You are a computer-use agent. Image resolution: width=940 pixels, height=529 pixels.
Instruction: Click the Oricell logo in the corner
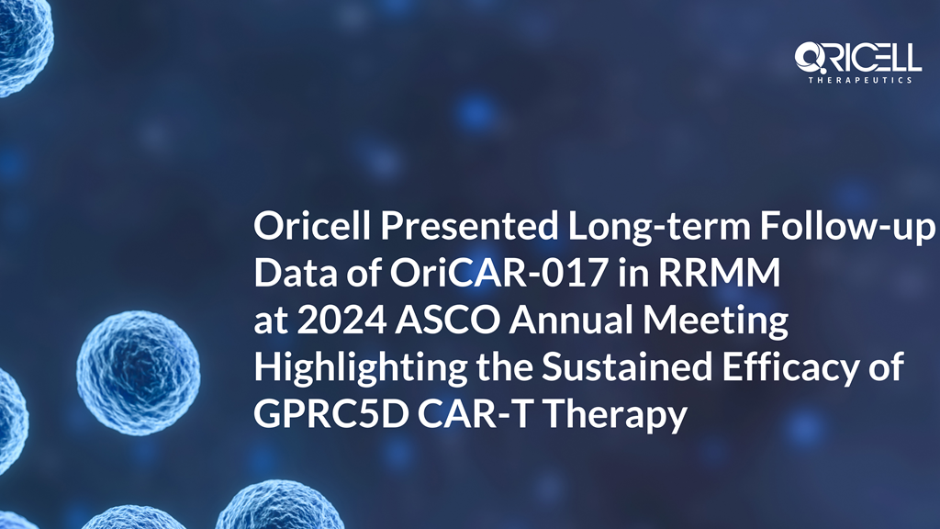[x=857, y=62]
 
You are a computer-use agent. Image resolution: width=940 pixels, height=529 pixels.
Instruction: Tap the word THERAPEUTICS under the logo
[x=860, y=80]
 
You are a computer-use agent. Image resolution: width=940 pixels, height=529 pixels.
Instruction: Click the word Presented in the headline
[x=469, y=226]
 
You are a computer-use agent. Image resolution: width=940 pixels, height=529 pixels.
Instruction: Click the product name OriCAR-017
[x=498, y=273]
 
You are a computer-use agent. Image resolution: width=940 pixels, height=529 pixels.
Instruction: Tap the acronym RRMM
[x=720, y=273]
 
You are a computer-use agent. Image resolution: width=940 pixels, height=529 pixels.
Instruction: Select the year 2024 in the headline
[x=341, y=321]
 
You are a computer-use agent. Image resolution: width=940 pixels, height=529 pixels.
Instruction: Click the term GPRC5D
[x=330, y=414]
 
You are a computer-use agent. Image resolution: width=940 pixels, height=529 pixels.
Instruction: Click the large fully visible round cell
[x=139, y=373]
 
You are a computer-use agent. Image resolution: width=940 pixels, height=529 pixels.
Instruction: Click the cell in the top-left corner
[x=23, y=42]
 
